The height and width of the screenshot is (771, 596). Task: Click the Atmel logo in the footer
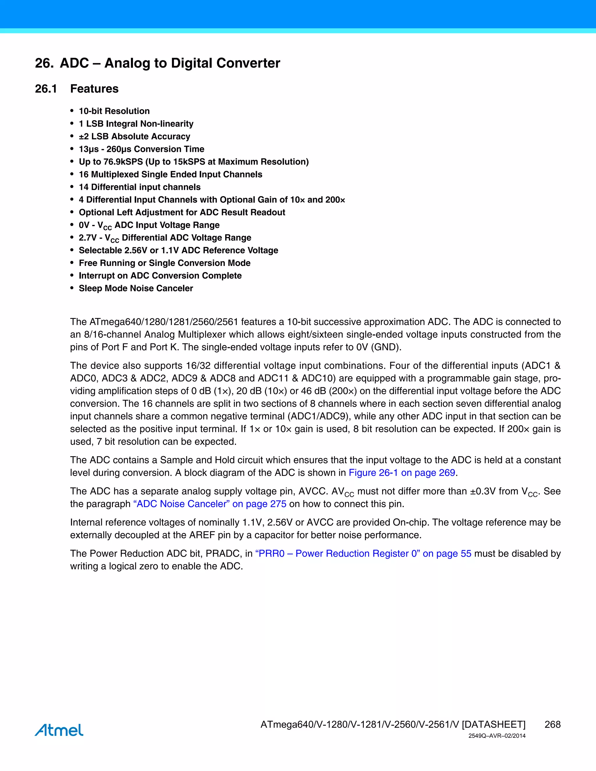(x=59, y=730)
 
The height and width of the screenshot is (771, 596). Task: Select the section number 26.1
(x=46, y=89)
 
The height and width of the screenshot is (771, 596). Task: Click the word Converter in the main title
(x=248, y=63)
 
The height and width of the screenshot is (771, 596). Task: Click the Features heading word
(x=94, y=89)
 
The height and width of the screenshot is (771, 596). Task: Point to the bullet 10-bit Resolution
(x=114, y=111)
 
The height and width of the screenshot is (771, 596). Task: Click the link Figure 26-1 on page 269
(x=402, y=473)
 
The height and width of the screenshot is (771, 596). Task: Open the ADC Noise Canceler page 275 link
(x=210, y=504)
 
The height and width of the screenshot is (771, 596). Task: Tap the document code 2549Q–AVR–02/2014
(x=497, y=736)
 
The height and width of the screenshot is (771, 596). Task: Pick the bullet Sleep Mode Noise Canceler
(x=136, y=288)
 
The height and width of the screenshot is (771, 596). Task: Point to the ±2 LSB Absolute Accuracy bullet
(x=134, y=136)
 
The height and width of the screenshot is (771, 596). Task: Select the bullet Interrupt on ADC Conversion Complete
(x=160, y=276)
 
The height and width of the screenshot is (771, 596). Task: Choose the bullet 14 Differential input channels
(x=139, y=187)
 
